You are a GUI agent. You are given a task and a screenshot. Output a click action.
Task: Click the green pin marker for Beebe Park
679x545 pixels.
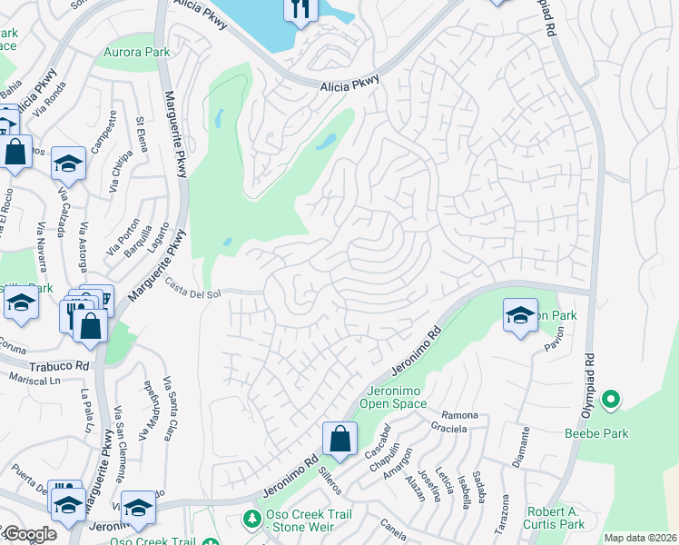click(611, 399)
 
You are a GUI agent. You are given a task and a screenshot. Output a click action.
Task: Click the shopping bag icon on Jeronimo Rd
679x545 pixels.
click(339, 440)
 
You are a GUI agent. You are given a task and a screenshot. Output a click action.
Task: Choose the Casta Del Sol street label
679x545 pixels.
click(193, 287)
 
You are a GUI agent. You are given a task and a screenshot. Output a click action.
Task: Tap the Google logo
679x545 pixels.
click(29, 535)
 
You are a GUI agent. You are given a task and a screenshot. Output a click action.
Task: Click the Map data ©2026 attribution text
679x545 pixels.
click(639, 538)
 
